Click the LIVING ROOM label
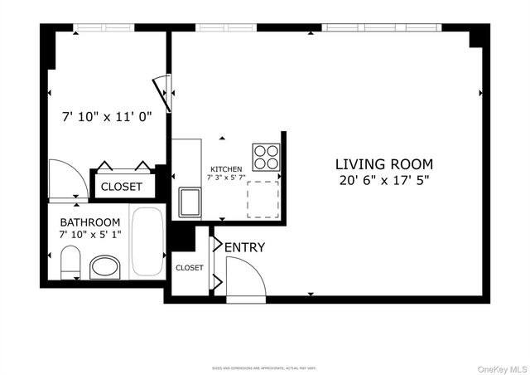[x=383, y=164]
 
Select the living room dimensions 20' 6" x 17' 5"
[x=383, y=180]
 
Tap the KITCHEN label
[x=226, y=169]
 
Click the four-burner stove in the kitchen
[x=266, y=157]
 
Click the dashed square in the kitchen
[x=263, y=199]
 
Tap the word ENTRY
[x=245, y=247]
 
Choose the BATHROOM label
[x=90, y=222]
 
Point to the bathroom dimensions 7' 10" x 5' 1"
[x=90, y=236]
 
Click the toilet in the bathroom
[x=70, y=266]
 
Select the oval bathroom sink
[x=105, y=267]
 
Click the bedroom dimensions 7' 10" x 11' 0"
[x=108, y=117]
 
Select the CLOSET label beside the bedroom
[x=121, y=187]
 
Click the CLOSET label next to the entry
[x=189, y=268]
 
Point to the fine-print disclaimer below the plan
[x=264, y=367]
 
